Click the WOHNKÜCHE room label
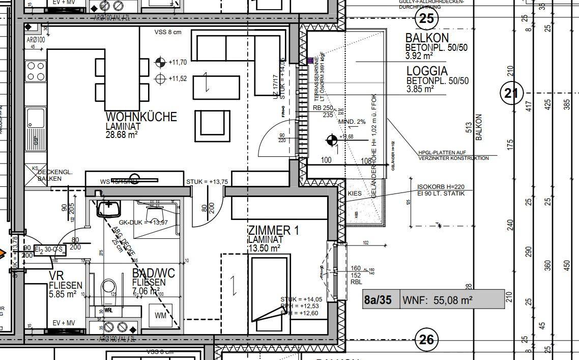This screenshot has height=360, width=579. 141,117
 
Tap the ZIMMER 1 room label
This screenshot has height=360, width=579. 273,230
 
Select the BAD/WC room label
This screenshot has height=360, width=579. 153,273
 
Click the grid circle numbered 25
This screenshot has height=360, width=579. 426,19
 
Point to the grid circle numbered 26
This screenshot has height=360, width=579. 426,339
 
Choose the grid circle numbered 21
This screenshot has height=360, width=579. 511,93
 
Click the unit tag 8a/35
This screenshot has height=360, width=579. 378,300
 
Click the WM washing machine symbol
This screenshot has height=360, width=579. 161,316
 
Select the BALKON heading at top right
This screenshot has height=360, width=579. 427,38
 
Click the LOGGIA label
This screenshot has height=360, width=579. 427,71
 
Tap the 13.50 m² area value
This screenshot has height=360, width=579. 264,248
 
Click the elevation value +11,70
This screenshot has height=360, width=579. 178,62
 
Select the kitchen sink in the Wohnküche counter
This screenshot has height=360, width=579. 36,118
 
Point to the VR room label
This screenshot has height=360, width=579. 56,275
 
